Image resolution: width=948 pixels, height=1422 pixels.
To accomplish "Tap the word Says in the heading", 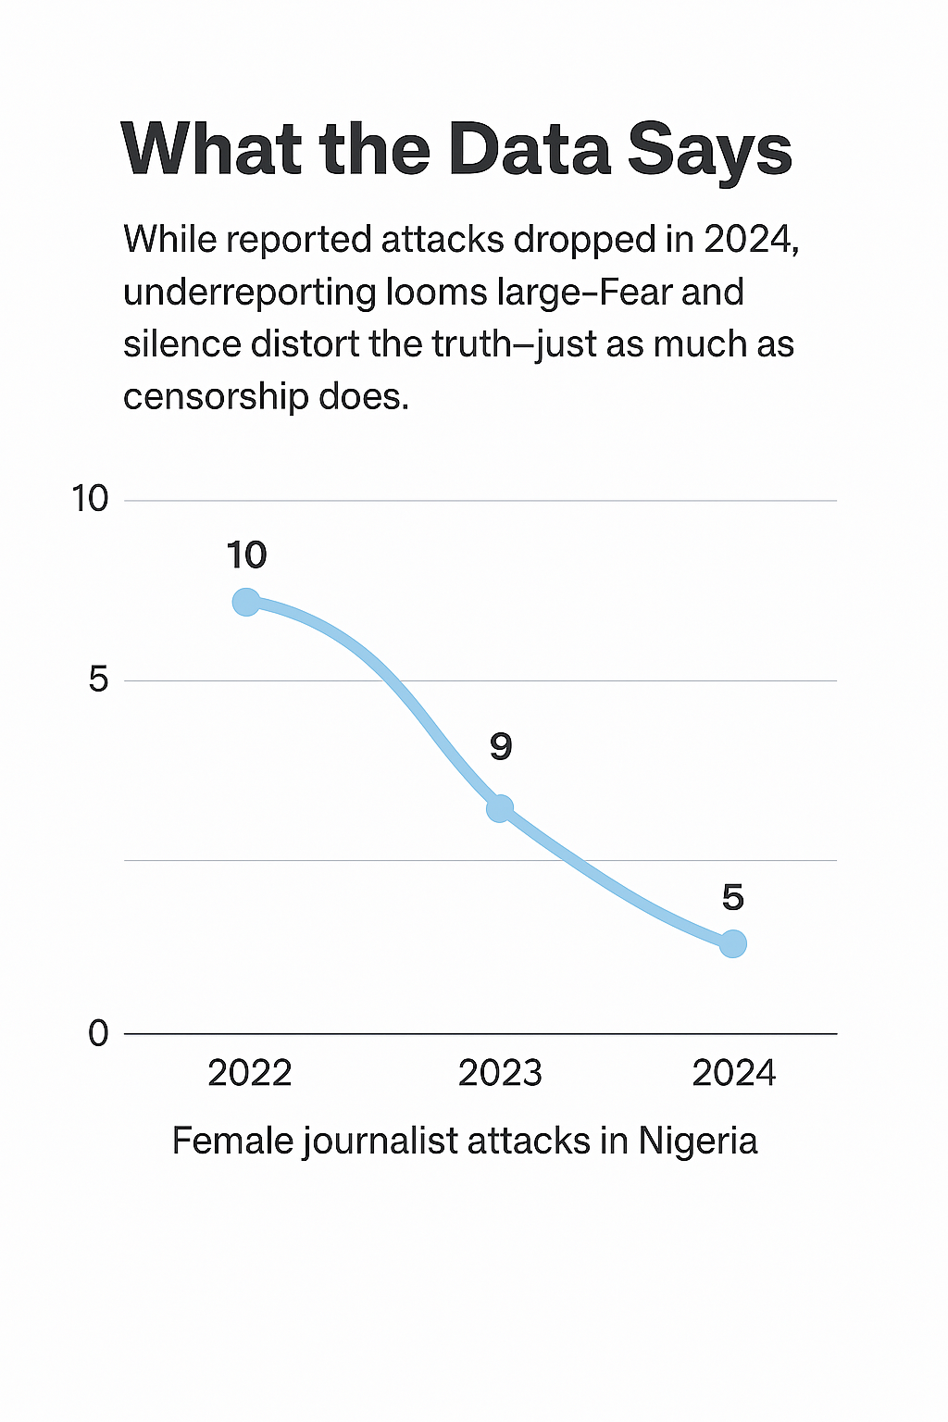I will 710,150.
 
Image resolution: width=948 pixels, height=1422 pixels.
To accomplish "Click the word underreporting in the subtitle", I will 247,293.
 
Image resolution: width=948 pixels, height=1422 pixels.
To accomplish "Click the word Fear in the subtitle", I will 636,293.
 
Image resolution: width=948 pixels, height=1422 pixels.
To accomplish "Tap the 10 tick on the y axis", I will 91,499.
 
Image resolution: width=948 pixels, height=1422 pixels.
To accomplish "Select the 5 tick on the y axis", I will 98,680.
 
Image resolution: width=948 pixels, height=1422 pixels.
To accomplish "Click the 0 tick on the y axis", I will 98,1033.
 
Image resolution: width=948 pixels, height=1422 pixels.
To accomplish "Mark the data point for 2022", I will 246,603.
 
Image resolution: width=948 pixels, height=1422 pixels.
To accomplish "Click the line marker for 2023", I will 500,808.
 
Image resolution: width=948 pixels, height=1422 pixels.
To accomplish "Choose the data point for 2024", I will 732,944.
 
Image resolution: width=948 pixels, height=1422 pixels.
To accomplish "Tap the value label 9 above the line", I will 501,746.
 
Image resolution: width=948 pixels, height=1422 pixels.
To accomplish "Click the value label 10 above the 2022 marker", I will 246,555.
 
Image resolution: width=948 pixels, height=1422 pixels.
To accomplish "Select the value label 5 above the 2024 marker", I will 732,897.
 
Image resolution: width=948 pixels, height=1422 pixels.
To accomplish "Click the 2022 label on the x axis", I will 250,1073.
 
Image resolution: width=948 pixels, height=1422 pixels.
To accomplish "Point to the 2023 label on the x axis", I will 500,1073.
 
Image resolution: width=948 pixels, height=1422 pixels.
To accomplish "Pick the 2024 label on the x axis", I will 734,1073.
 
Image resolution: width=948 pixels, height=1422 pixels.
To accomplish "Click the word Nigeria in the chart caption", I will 698,1141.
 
